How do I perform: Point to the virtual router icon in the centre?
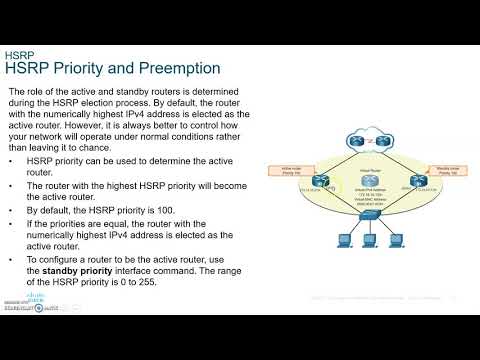click(x=372, y=181)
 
